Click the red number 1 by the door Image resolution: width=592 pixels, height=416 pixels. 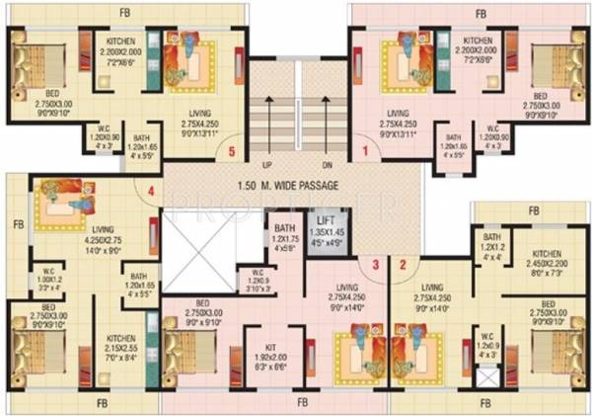pyautogui.click(x=365, y=151)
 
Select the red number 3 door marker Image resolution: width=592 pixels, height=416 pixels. pyautogui.click(x=376, y=264)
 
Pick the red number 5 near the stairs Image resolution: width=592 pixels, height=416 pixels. pyautogui.click(x=231, y=151)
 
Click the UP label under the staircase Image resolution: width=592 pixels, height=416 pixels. pyautogui.click(x=266, y=165)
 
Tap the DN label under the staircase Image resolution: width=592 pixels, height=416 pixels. pyautogui.click(x=327, y=165)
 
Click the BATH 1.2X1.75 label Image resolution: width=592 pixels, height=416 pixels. pyautogui.click(x=285, y=237)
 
